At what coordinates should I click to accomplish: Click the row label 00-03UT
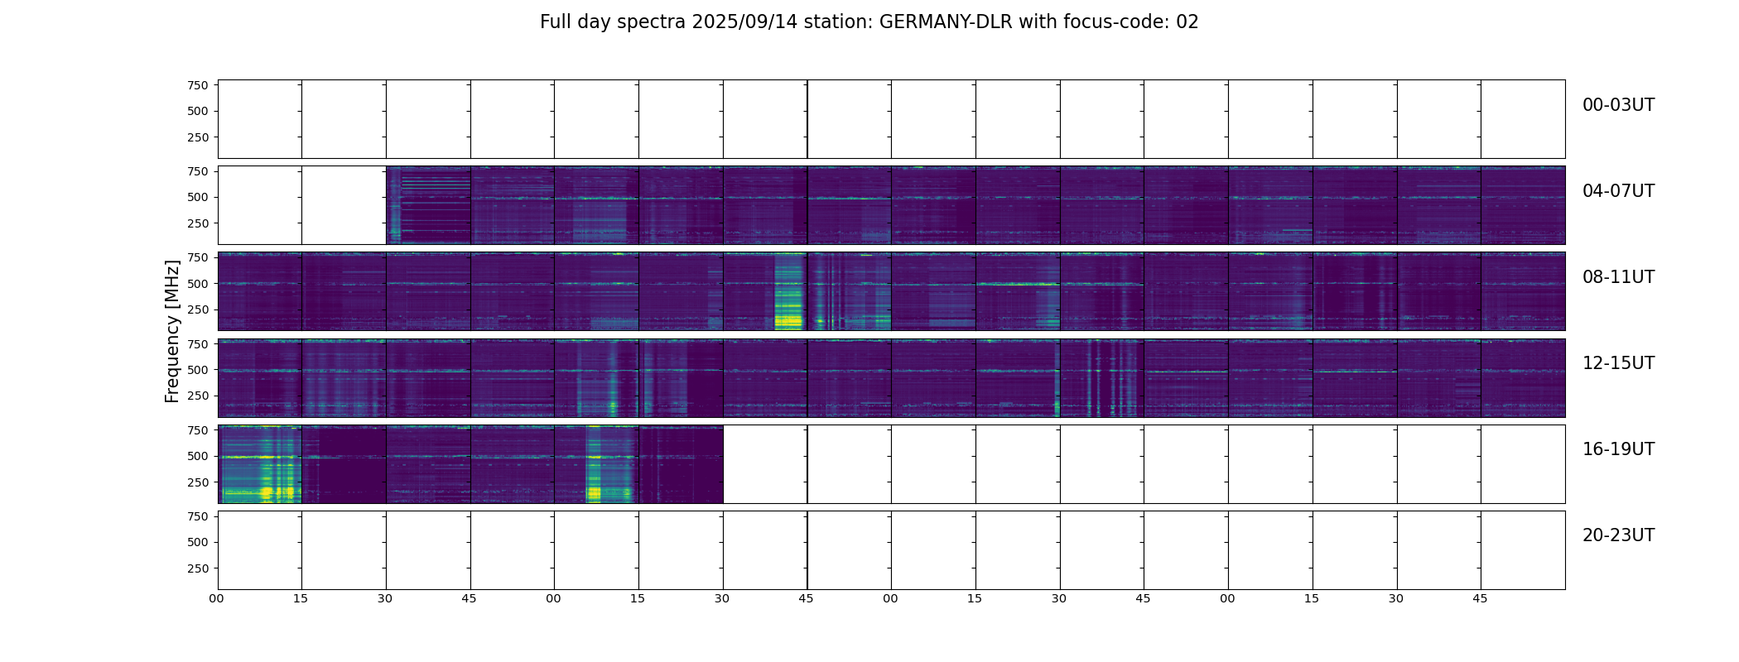click(x=1618, y=105)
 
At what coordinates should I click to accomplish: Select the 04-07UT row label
click(x=1618, y=191)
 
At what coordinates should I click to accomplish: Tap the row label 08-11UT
click(x=1618, y=277)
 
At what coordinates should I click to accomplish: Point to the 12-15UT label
click(x=1618, y=363)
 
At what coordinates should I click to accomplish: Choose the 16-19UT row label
click(x=1618, y=449)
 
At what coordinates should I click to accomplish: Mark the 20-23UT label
click(x=1618, y=535)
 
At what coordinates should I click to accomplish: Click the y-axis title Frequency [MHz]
click(x=172, y=331)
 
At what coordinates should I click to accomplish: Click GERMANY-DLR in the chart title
click(x=946, y=22)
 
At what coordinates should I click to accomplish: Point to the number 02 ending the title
click(x=1187, y=22)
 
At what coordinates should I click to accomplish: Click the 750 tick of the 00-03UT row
click(x=198, y=85)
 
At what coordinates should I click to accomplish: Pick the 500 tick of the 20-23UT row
click(x=198, y=542)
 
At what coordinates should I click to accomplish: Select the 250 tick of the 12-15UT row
click(x=198, y=396)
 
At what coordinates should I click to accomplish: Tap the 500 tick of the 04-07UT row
click(x=198, y=197)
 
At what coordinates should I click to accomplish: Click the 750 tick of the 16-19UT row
click(x=198, y=430)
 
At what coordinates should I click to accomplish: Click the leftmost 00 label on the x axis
click(x=217, y=598)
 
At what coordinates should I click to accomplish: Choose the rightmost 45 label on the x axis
click(x=1480, y=598)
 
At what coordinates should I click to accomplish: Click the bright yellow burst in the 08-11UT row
click(x=788, y=318)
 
